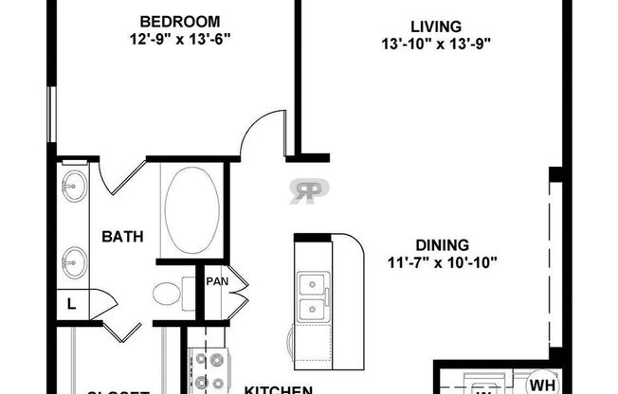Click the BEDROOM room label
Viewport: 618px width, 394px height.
[x=180, y=21]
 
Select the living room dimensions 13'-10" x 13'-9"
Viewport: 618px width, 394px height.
[x=436, y=44]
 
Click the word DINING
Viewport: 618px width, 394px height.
[x=443, y=241]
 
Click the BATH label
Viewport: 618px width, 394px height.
[x=123, y=237]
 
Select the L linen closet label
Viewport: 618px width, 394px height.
[x=71, y=304]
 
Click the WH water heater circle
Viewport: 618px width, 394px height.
[x=541, y=382]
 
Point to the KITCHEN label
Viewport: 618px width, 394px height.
[x=279, y=388]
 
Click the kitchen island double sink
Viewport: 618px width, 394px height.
[x=311, y=296]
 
